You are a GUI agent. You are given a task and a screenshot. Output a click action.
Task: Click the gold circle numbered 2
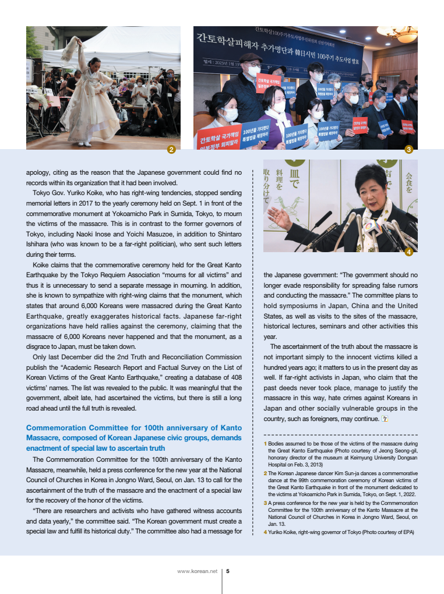171,150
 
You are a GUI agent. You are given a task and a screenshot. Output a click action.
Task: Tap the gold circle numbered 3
408,150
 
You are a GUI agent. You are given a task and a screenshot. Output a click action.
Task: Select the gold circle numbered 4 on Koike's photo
408,252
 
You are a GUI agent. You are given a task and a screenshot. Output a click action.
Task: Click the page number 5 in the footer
227,571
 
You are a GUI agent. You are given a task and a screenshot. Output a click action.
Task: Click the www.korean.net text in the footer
197,571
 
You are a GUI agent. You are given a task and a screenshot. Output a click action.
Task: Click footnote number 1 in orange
265,444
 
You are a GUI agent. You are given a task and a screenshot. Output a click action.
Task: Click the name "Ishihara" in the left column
39,245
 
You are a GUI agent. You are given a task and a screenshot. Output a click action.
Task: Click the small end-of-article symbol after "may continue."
383,419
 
